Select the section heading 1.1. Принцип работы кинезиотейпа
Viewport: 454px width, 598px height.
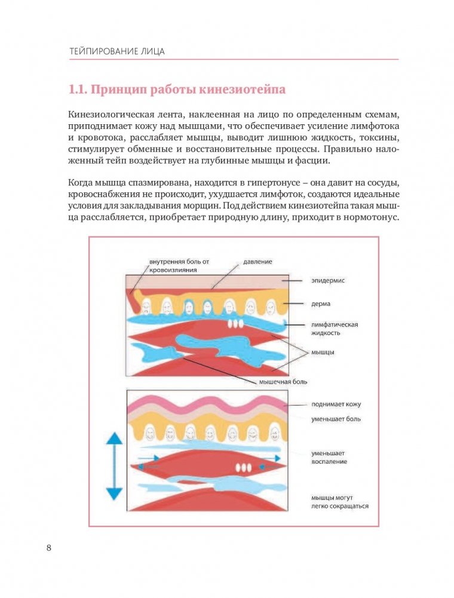[x=177, y=90]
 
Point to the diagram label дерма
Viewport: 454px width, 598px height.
[x=321, y=303]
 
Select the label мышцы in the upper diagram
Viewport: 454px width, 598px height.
[x=323, y=352]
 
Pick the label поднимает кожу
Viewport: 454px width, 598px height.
[x=336, y=404]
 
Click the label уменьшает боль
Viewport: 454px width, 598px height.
[x=335, y=419]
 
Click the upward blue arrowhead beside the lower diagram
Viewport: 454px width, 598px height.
[x=113, y=438]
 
